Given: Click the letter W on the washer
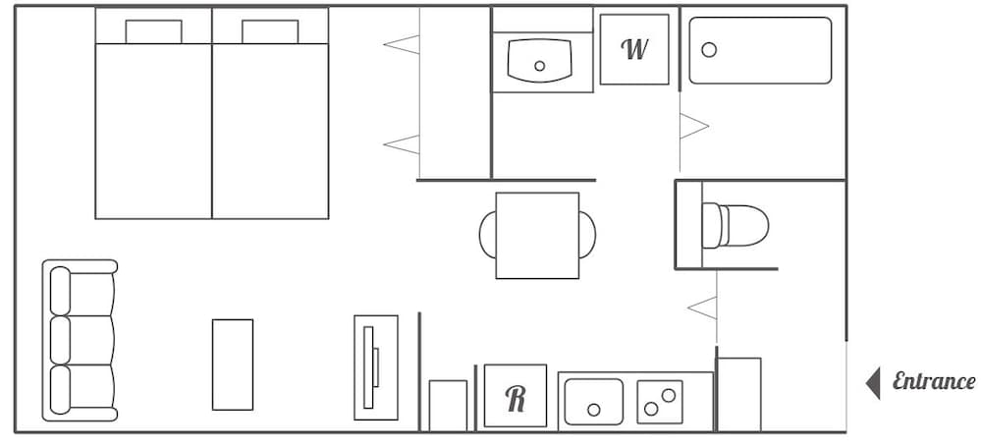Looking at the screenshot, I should [635, 49].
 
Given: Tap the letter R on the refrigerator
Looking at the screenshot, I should [516, 397].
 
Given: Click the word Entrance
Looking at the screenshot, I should [933, 382].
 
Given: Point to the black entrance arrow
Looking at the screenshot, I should [872, 382].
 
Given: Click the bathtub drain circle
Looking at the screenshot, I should [709, 49].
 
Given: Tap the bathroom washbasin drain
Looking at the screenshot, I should [539, 67].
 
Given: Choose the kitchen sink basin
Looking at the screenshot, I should [593, 401].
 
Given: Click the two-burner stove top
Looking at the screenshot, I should [659, 401].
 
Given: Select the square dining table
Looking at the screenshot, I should [537, 236].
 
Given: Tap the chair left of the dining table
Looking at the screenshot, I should [487, 236].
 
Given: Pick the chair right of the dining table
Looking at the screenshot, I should [587, 236].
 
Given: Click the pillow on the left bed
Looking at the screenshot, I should [153, 31].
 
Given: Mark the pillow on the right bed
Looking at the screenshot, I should [270, 31].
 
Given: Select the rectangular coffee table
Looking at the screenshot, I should [233, 364].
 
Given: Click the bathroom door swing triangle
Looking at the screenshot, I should [695, 126].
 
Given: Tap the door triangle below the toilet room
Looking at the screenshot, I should [703, 308].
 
